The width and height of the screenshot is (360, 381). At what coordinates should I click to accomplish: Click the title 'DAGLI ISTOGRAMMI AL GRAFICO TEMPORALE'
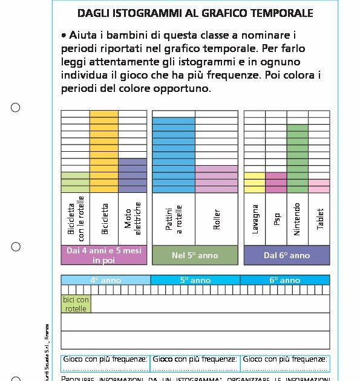pyautogui.click(x=195, y=13)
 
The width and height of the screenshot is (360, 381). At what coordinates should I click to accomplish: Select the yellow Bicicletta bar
pyautogui.click(x=104, y=152)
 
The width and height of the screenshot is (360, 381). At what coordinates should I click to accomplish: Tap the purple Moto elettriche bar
pyautogui.click(x=133, y=175)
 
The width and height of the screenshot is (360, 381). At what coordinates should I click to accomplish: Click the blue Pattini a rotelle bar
pyautogui.click(x=174, y=155)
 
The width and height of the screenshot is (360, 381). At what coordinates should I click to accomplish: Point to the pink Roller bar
pyautogui.click(x=217, y=179)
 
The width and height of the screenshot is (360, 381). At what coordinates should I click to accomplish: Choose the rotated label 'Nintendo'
pyautogui.click(x=297, y=219)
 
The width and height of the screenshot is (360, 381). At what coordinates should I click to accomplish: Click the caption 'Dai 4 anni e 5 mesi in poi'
pyautogui.click(x=104, y=255)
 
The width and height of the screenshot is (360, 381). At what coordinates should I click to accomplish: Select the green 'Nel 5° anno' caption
pyautogui.click(x=195, y=255)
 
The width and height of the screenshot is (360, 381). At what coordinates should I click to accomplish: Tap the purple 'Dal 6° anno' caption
pyautogui.click(x=287, y=255)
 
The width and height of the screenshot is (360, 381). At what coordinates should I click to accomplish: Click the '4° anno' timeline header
pyautogui.click(x=106, y=280)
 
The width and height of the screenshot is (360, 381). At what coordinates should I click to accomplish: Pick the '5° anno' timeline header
pyautogui.click(x=195, y=280)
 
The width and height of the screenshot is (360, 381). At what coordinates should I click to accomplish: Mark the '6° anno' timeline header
pyautogui.click(x=284, y=280)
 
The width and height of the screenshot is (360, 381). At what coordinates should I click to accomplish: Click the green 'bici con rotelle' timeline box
pyautogui.click(x=76, y=304)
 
